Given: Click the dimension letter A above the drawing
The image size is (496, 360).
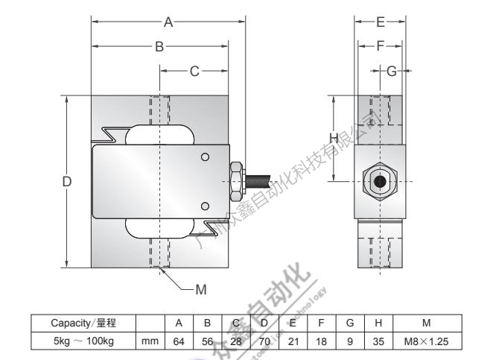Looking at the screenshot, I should point(169,22).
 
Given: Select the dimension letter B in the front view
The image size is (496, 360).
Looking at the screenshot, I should point(159,47).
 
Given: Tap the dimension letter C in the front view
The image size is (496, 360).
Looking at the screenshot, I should point(194,72).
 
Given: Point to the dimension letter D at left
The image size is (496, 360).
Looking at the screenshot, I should point(67,182).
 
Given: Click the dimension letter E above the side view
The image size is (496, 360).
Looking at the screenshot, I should point(380,22).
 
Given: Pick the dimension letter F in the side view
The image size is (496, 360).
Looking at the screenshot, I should point(380,46).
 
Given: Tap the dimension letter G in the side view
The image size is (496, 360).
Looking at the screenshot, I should point(392,72).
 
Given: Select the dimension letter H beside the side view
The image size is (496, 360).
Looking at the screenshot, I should point(334,138).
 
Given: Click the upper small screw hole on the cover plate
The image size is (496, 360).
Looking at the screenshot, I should point(205,157).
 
